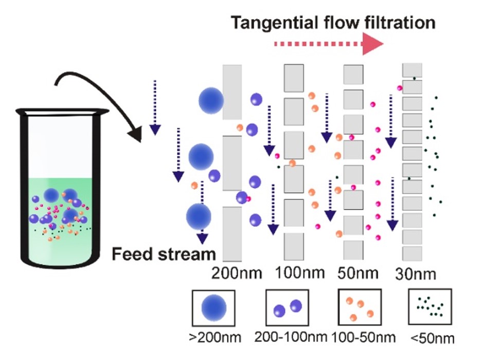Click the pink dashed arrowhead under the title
pos(373,45)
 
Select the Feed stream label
pos(164,254)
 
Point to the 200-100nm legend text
pos(291,337)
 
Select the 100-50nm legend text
pos(364,337)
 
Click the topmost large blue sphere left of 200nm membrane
pos(211,99)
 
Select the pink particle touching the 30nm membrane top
pos(400,88)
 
